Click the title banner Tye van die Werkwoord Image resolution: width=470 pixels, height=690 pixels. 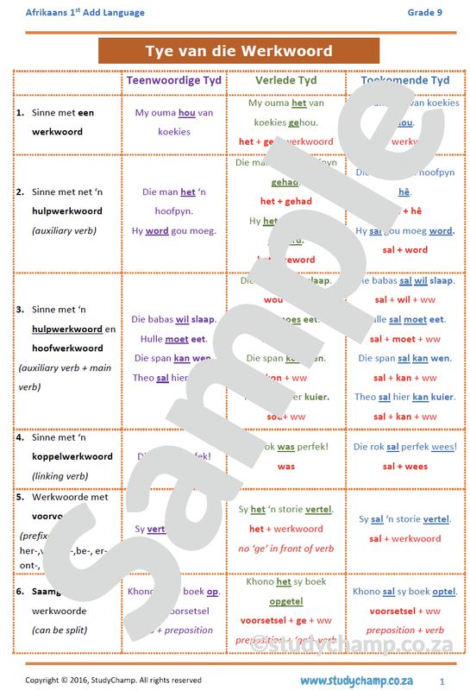pos(239,51)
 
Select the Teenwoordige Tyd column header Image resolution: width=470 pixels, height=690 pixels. pos(174,80)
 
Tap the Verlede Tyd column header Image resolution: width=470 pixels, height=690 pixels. pos(286,80)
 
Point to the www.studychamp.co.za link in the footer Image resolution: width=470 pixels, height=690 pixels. pos(356,681)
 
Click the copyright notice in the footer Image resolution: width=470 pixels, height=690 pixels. pos(113,681)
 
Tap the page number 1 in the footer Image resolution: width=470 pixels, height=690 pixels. pos(442,681)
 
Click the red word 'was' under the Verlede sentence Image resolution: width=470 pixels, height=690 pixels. pos(286,467)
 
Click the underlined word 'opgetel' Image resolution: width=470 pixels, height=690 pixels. pos(286,601)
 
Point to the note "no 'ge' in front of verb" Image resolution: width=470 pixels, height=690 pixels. pos(286,549)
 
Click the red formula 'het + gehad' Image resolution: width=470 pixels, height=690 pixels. pos(285,202)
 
